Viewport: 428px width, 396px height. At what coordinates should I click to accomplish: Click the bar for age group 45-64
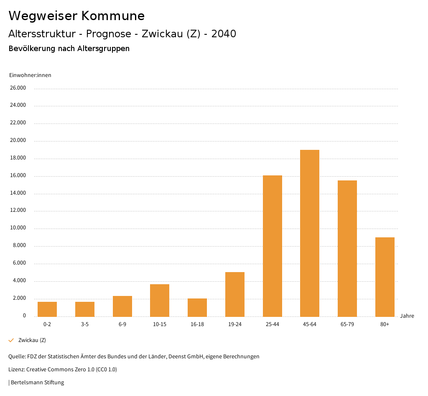310,233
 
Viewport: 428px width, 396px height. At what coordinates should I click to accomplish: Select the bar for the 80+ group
385,277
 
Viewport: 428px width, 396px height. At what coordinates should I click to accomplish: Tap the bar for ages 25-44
272,246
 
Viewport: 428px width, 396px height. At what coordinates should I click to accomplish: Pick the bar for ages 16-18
197,307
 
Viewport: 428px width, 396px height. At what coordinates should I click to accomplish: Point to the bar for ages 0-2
47,309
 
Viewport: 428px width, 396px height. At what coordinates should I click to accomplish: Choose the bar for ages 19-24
235,294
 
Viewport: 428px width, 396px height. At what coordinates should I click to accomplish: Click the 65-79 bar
347,248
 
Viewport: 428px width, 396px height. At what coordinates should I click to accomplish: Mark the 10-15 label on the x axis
160,324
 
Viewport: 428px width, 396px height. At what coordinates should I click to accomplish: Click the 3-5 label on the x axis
85,324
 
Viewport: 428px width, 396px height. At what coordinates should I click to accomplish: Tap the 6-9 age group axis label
122,324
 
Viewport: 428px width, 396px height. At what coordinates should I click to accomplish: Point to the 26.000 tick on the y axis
18,88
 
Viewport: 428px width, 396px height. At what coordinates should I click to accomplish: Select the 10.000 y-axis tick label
18,228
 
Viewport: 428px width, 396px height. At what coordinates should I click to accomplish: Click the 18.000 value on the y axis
18,158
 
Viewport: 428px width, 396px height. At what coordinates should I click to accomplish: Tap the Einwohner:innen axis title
30,75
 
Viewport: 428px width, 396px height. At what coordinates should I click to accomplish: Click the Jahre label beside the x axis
407,316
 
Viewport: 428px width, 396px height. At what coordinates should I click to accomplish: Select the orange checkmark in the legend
11,340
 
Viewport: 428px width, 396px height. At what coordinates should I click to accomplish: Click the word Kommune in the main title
113,16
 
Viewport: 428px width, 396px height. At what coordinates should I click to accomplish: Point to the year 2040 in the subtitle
224,34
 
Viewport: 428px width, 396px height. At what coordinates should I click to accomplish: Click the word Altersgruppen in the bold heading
103,49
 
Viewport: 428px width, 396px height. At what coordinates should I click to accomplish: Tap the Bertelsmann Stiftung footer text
37,383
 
